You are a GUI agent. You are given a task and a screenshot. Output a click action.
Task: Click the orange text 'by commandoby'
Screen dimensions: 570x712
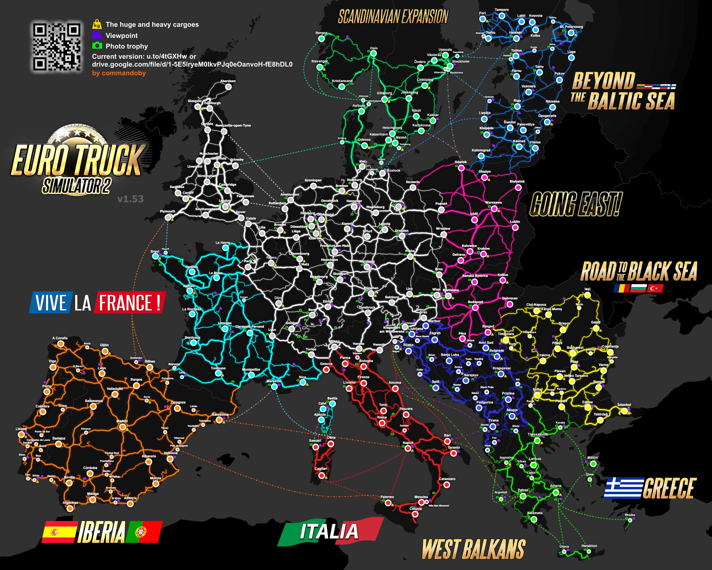119,73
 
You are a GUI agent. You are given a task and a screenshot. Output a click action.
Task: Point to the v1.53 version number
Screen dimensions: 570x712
130,199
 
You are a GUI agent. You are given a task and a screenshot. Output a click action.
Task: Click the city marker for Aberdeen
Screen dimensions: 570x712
228,87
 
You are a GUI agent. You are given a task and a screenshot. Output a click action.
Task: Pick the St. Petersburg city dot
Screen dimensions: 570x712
571,33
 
